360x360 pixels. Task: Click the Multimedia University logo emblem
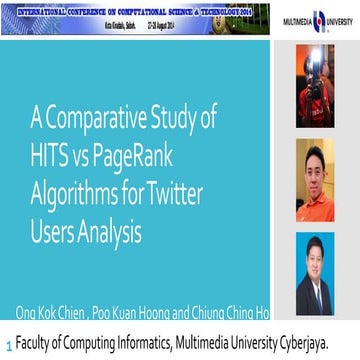point(319,19)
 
